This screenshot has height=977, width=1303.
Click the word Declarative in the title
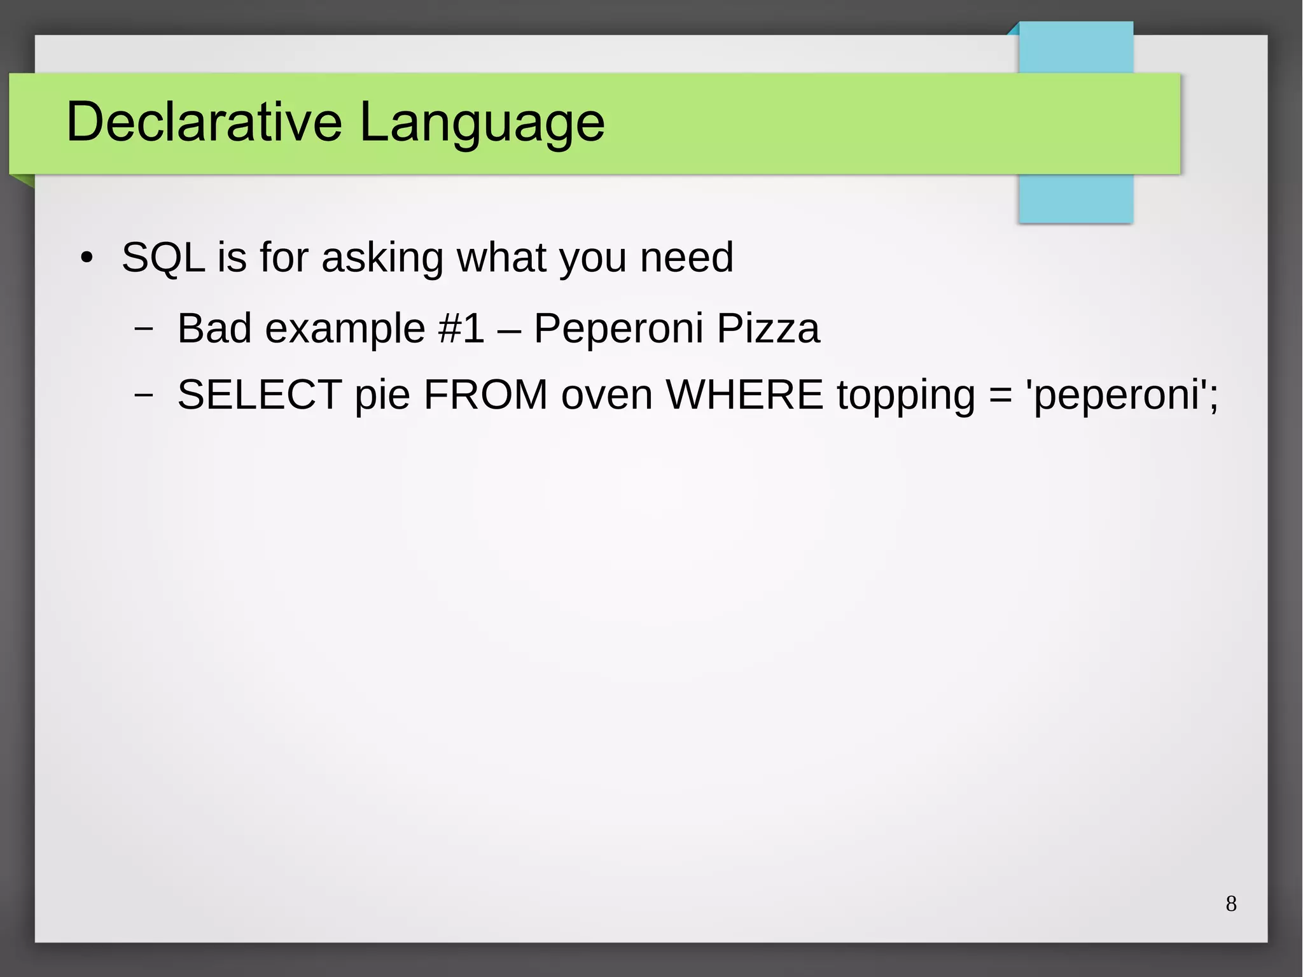[x=204, y=122]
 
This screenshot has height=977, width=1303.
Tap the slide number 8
[x=1231, y=904]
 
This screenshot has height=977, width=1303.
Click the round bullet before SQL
[x=87, y=258]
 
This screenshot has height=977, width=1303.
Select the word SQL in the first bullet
[x=163, y=258]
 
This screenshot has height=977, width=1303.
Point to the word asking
[x=382, y=258]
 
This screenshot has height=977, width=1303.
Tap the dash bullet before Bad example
[x=144, y=329]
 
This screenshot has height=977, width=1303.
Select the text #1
[x=461, y=329]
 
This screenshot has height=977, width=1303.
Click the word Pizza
[x=768, y=329]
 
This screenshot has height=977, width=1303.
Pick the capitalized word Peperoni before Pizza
[x=618, y=329]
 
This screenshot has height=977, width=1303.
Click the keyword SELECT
[x=260, y=395]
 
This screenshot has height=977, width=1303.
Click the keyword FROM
[x=485, y=395]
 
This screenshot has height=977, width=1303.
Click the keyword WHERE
[x=744, y=395]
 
